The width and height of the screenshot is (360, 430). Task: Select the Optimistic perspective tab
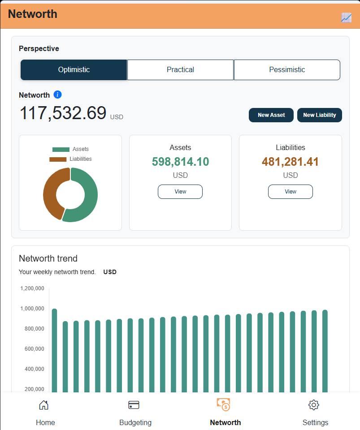tap(74, 70)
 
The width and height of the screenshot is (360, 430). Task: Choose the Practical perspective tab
tap(180, 70)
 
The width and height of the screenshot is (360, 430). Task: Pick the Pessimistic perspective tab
tap(287, 70)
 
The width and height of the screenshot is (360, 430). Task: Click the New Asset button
tap(271, 115)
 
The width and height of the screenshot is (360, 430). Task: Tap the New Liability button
tap(320, 115)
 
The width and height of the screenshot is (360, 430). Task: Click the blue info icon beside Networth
tap(58, 95)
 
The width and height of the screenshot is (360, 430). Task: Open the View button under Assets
tap(180, 191)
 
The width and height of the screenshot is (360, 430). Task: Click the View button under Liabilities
tap(291, 191)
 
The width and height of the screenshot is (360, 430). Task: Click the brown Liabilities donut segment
tap(50, 192)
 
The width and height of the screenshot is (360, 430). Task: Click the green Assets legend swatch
tap(61, 150)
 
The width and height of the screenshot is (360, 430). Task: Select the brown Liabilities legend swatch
tap(58, 159)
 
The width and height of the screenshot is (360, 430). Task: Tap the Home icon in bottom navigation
tap(43, 405)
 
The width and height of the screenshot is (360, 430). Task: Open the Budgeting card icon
tap(134, 405)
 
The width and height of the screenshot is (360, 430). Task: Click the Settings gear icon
tap(314, 405)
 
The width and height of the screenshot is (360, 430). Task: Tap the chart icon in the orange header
tap(346, 18)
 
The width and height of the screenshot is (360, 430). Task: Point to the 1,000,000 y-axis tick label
tap(32, 309)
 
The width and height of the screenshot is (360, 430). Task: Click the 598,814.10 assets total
tap(180, 162)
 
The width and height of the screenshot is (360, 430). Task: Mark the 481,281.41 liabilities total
tap(291, 162)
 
